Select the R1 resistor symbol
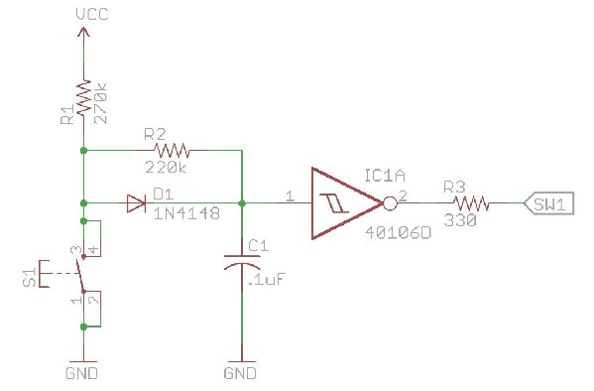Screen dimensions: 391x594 pos(83,99)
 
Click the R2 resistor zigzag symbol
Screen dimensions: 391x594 pos(171,151)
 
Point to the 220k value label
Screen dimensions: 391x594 pos(167,169)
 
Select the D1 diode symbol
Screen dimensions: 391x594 pos(137,204)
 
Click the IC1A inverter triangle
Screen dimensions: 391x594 pos(343,204)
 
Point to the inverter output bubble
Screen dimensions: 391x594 pos(390,204)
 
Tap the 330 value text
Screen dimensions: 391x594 pos(461,219)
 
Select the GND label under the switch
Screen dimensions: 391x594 pos(83,373)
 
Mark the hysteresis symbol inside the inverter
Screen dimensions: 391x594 pos(326,204)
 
